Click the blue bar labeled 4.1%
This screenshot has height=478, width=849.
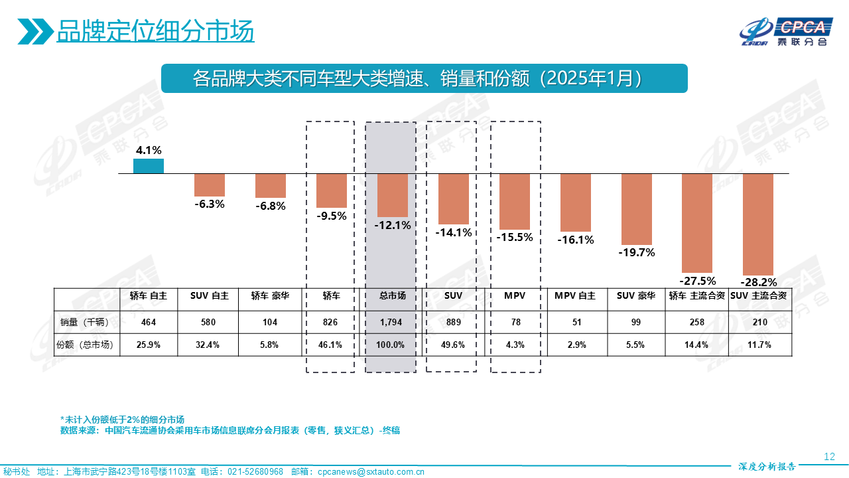tap(149, 166)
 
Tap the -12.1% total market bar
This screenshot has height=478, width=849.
tap(393, 195)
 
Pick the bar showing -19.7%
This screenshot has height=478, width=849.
tap(637, 209)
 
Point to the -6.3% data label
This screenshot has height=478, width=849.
tap(210, 204)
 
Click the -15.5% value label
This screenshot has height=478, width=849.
tap(515, 236)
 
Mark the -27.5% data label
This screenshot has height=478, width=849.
tap(697, 280)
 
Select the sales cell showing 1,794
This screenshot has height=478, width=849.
tap(393, 322)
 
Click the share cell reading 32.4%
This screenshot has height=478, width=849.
tap(210, 345)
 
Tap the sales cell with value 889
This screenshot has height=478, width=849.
tap(454, 322)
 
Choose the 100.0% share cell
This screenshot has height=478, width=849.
tap(393, 345)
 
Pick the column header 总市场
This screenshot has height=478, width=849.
tap(393, 295)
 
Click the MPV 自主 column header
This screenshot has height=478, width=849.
tap(576, 295)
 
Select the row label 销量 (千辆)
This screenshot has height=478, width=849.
tap(86, 322)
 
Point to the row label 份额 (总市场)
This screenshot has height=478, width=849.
tap(86, 345)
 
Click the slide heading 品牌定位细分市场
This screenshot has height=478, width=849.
tap(155, 31)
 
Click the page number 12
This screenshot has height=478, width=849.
tap(828, 456)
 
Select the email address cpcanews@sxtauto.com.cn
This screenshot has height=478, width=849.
tap(371, 471)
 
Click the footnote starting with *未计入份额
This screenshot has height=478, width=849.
tap(122, 420)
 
